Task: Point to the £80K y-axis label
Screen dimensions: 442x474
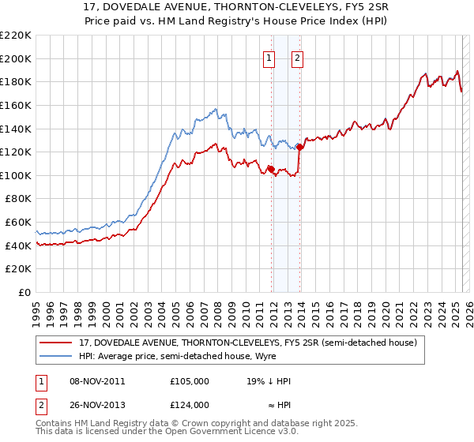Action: coord(18,199)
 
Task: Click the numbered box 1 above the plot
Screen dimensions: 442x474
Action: coord(269,58)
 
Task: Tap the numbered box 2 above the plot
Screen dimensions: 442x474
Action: coord(298,58)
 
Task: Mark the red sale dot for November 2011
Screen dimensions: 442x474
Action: coord(271,169)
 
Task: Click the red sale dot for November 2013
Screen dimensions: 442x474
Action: coord(300,147)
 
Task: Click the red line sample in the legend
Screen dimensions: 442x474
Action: coord(56,343)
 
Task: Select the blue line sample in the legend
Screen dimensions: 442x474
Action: coord(56,356)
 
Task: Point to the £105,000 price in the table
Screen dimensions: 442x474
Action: coord(189,381)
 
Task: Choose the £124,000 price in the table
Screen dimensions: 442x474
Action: coord(189,404)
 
